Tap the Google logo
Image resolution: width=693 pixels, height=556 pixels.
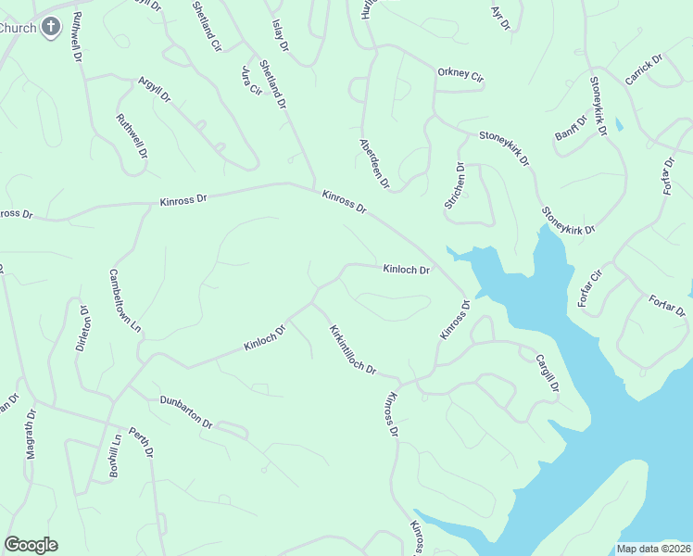[x=31, y=545]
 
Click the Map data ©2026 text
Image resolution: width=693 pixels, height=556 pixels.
[x=652, y=549]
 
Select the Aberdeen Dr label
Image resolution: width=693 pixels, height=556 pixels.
[x=375, y=164]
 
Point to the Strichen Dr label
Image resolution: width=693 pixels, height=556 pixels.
[x=455, y=185]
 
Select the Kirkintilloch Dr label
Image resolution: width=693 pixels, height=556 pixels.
[x=352, y=349]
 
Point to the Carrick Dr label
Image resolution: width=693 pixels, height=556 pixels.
[x=644, y=70]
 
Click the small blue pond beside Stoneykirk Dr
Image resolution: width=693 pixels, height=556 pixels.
[x=619, y=123]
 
